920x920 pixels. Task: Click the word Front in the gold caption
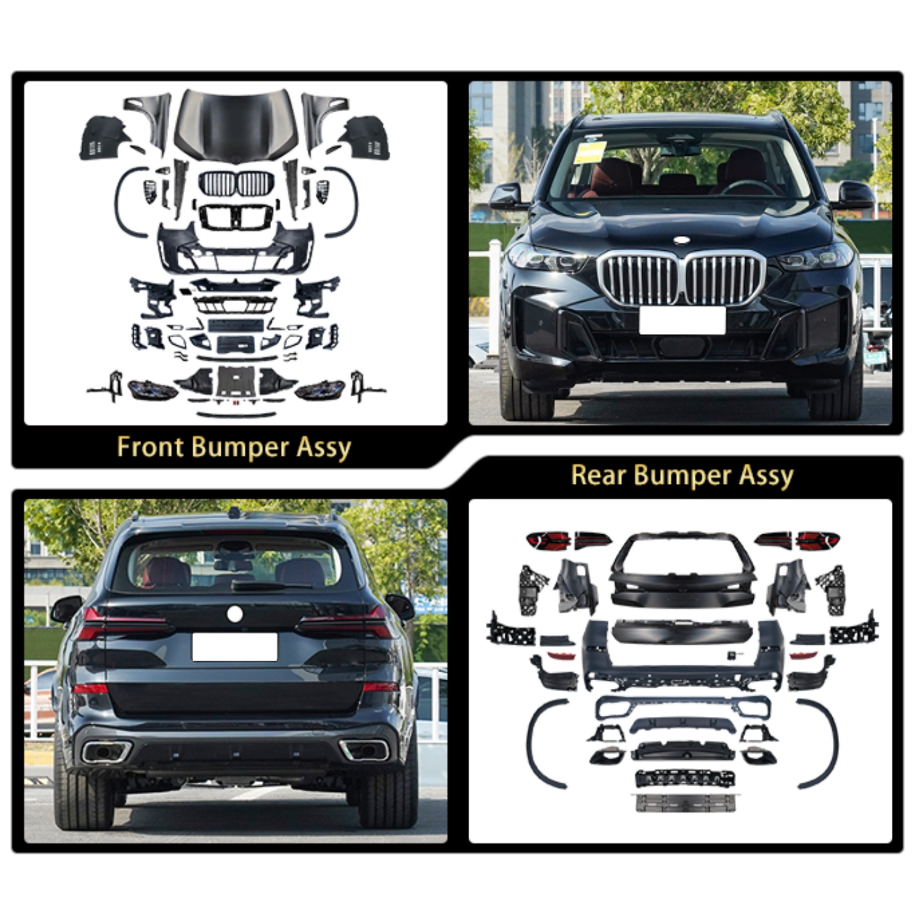coord(150,447)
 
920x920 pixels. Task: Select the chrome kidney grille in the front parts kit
coord(236,183)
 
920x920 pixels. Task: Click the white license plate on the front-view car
coord(682,320)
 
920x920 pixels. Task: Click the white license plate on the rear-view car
coord(235,647)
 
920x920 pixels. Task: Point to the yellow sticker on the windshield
coord(591,151)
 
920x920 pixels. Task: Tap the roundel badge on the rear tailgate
coord(234,613)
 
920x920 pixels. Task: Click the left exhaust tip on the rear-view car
coord(107,751)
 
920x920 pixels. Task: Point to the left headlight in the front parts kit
coord(152,389)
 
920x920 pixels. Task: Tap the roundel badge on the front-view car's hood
coord(681,240)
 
